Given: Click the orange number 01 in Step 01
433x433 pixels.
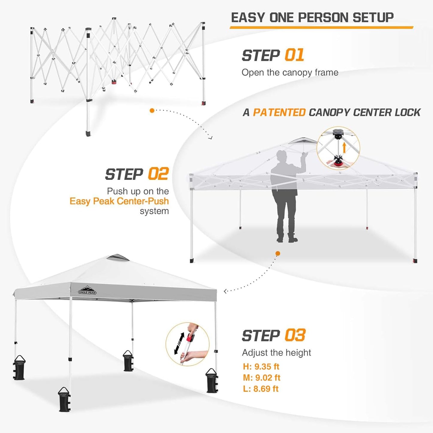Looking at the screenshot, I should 294,55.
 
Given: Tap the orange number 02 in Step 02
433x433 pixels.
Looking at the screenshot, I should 159,174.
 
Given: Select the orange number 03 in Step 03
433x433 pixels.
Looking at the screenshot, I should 295,335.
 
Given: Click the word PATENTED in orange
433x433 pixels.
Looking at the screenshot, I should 279,113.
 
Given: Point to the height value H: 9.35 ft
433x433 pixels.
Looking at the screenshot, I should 261,366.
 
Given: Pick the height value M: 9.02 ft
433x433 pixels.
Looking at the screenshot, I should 262,378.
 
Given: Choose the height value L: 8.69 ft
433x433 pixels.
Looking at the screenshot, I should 261,389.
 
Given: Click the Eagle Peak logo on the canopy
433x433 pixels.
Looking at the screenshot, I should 87,290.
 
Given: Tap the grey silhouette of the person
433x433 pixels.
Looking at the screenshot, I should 285,195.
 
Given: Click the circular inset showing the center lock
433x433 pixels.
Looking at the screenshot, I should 338,148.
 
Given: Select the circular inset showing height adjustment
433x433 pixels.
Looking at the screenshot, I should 188,344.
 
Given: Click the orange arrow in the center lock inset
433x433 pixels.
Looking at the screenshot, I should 344,147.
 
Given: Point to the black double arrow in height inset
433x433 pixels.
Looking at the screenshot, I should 179,343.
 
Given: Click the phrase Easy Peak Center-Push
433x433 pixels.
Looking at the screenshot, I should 119,201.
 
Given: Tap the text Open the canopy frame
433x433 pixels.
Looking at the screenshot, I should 290,73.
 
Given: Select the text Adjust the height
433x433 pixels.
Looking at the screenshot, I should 276,353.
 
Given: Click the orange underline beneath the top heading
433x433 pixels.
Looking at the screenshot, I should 321,28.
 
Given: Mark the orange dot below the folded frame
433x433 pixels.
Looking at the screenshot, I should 152,111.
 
